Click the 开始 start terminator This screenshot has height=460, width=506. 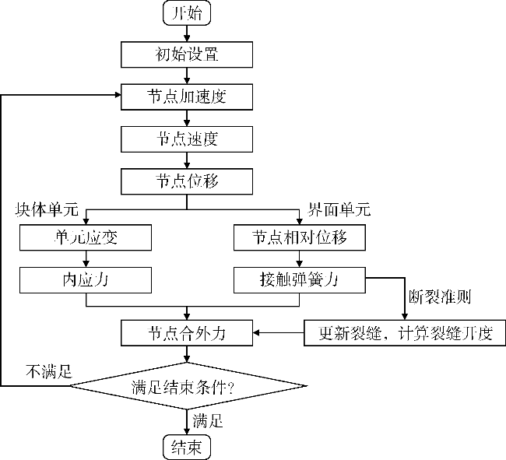coord(187,12)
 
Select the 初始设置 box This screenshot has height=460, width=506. coord(187,54)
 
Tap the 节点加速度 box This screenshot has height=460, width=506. coord(187,97)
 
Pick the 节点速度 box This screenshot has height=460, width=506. coord(187,139)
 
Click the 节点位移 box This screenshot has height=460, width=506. coord(187,182)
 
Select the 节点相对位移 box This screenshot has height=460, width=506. coord(300,237)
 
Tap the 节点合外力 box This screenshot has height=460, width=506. coord(187,333)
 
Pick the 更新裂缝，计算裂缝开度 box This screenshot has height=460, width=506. coord(404,333)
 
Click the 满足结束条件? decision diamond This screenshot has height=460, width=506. coord(187,385)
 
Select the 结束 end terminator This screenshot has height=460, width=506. coord(187,447)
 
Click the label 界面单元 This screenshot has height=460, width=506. coord(336,210)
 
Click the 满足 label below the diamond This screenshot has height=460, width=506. coord(208,422)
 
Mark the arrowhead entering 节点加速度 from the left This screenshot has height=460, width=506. coord(118,97)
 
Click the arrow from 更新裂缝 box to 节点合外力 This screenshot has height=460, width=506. coord(279,333)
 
